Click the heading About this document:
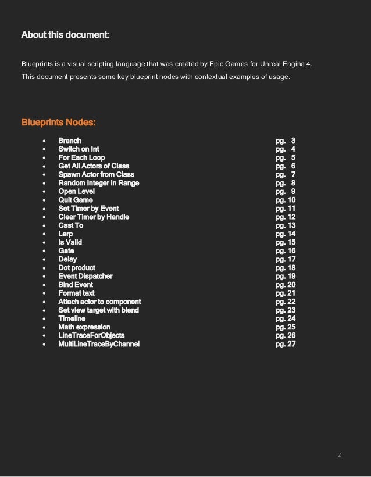pyautogui.click(x=65, y=35)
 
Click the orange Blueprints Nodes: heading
pyautogui.click(x=58, y=123)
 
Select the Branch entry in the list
pyautogui.click(x=69, y=141)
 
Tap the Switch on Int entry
pyautogui.click(x=79, y=149)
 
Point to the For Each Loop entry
pyautogui.click(x=81, y=157)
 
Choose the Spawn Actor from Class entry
pyautogui.click(x=96, y=174)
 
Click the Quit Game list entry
pyautogui.click(x=75, y=200)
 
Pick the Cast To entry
pyautogui.click(x=71, y=225)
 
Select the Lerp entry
pyautogui.click(x=66, y=234)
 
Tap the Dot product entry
pyautogui.click(x=76, y=268)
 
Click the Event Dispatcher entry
pyautogui.click(x=85, y=276)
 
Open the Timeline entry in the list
pyautogui.click(x=72, y=318)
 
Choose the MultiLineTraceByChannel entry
pyautogui.click(x=98, y=344)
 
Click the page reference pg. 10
pyautogui.click(x=286, y=200)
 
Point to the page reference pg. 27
pyautogui.click(x=286, y=344)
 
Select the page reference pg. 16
pyautogui.click(x=286, y=251)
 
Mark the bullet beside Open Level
pyautogui.click(x=45, y=192)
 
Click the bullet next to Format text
pyautogui.click(x=45, y=293)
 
